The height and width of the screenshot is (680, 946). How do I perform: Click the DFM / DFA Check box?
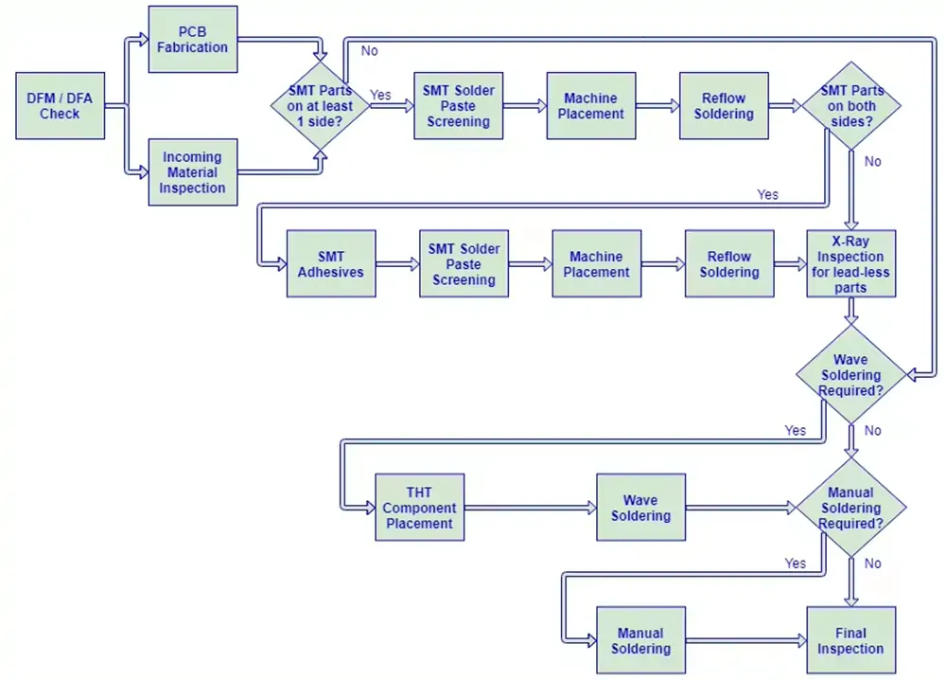[x=61, y=106]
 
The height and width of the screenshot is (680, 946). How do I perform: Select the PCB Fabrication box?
[x=193, y=39]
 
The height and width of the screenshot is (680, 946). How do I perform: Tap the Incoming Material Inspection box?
[x=193, y=172]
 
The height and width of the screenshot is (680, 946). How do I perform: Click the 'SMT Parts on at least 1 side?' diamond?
[x=320, y=106]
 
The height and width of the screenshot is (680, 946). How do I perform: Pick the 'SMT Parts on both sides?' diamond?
[x=851, y=106]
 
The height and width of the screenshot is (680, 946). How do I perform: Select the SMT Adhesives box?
[x=331, y=263]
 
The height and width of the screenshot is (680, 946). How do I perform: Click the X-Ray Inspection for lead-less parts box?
[x=851, y=263]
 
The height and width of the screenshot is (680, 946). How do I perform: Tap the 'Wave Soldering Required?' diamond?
[x=851, y=374]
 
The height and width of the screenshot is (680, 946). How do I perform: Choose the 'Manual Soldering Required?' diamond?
[x=851, y=508]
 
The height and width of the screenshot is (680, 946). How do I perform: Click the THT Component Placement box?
[x=420, y=508]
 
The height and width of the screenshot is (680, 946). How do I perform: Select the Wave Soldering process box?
[x=641, y=508]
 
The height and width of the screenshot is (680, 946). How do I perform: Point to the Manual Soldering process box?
[x=641, y=640]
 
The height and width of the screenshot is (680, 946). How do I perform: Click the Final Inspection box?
[x=851, y=640]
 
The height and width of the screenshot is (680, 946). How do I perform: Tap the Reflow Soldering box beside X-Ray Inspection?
[x=729, y=263]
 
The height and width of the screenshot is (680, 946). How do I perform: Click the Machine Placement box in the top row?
[x=591, y=106]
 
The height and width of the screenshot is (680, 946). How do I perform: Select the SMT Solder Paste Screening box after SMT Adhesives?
[x=464, y=263]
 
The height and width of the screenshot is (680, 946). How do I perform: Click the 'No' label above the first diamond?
[x=370, y=51]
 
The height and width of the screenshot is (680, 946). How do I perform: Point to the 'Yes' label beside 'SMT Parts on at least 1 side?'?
[x=380, y=95]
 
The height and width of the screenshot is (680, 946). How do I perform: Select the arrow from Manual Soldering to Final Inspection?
[x=746, y=640]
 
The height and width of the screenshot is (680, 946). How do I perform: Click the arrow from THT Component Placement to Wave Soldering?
[x=531, y=508]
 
